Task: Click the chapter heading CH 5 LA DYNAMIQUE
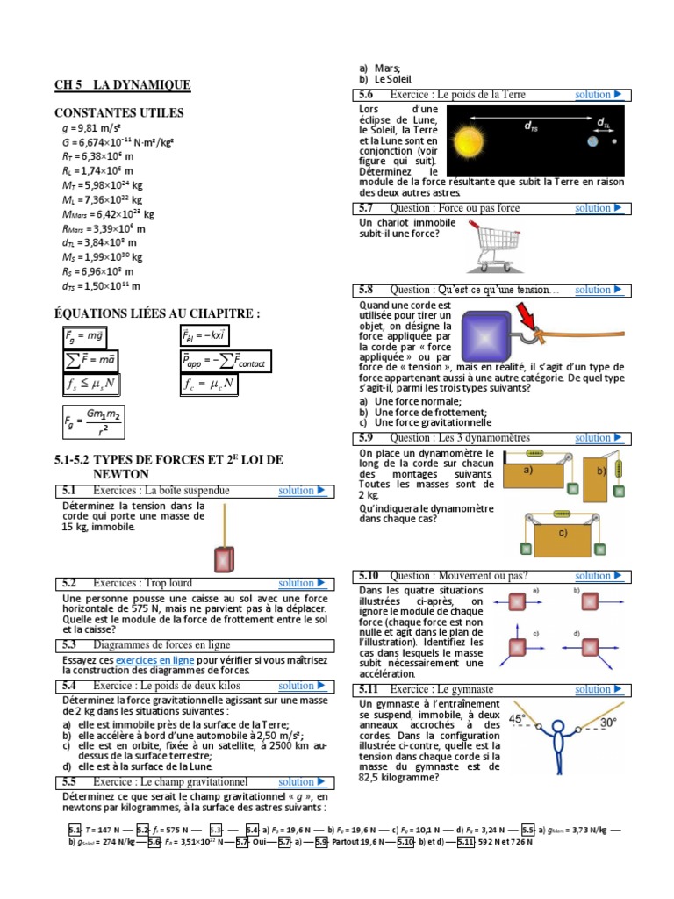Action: coord(122,85)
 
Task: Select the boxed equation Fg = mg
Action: coord(84,336)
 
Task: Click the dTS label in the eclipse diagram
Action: coord(532,126)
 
